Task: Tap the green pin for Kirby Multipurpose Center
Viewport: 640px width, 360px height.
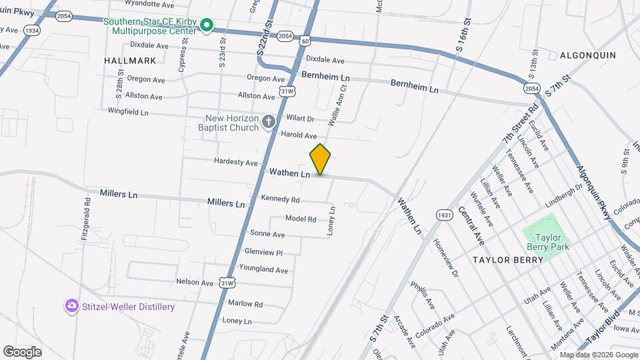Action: [207, 27]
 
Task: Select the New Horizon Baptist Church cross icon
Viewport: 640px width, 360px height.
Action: [268, 121]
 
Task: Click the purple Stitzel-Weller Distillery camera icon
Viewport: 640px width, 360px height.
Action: [71, 306]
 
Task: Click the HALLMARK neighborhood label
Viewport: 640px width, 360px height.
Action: [130, 60]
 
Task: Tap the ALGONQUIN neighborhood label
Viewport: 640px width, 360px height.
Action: [587, 55]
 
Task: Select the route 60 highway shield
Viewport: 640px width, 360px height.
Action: [304, 41]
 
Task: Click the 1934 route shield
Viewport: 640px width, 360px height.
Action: [31, 31]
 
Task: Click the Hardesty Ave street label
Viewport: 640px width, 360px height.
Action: [235, 162]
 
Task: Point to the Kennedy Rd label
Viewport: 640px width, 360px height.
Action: [280, 199]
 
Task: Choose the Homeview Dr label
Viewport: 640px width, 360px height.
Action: [446, 259]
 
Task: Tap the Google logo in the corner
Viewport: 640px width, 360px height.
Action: [22, 352]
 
